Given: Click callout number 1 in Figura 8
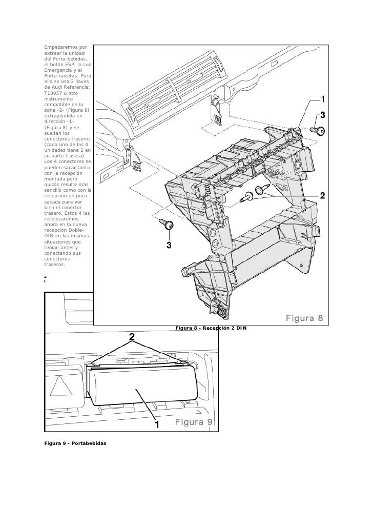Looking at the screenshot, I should pyautogui.click(x=323, y=98).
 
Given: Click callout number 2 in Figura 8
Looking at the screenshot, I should pyautogui.click(x=323, y=195).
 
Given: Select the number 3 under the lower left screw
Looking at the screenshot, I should pyautogui.click(x=169, y=246).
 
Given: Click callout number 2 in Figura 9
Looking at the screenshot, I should pyautogui.click(x=132, y=337).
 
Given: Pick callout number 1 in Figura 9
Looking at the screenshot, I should pyautogui.click(x=157, y=425).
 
